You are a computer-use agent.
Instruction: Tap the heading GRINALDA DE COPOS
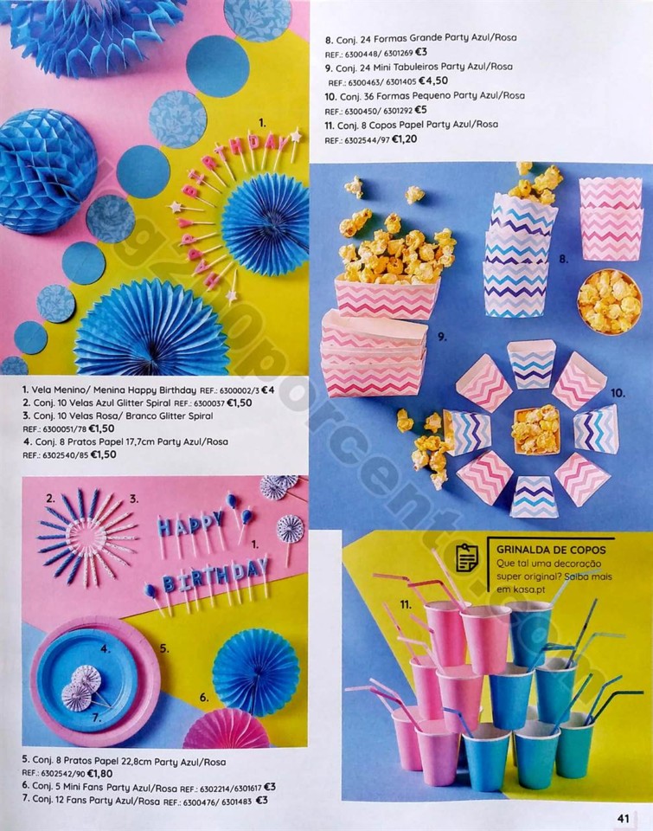(x=551, y=550)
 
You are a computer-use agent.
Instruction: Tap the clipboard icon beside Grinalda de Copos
(x=468, y=557)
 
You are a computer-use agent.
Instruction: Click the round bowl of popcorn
(x=608, y=300)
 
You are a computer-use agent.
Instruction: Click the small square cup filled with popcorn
(x=535, y=429)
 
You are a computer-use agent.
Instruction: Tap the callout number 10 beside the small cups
(x=617, y=392)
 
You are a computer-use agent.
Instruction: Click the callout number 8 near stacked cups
(x=562, y=258)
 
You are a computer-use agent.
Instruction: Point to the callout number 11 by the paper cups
(x=405, y=603)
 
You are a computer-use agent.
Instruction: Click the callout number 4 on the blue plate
(x=104, y=648)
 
